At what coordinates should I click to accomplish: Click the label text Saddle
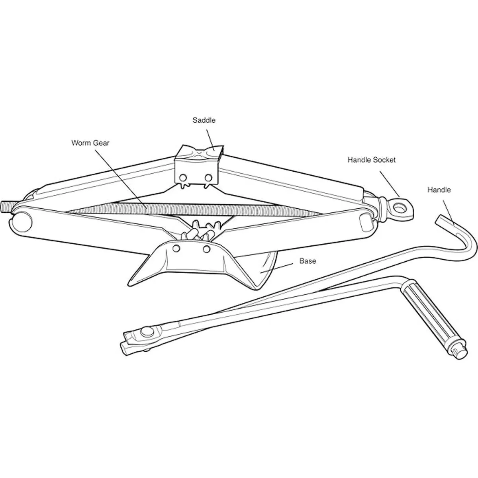coord(204,120)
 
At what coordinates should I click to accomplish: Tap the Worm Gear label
coord(90,143)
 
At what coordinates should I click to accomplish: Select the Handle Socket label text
coord(371,160)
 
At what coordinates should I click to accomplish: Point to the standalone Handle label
coord(439,190)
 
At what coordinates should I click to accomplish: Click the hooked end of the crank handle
coord(466,238)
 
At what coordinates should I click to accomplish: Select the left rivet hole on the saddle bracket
coord(183,178)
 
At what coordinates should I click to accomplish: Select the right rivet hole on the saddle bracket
coord(208,177)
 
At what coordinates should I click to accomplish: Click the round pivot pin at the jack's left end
coord(22,222)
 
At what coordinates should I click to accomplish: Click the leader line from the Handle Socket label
coord(390,184)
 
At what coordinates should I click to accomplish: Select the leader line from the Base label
coord(276,268)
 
